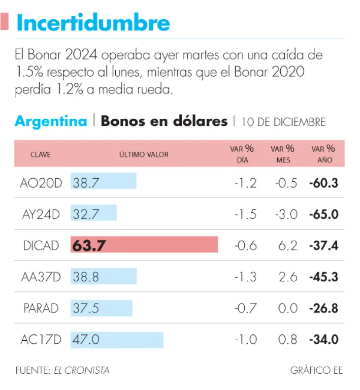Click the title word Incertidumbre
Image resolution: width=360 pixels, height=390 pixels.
pos(93,23)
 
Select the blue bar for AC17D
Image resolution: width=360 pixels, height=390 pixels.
pos(117,339)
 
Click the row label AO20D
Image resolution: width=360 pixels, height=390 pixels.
pos(41,183)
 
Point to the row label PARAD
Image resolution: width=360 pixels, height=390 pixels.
pos(41,308)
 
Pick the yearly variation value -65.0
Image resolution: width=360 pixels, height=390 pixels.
pos(324,214)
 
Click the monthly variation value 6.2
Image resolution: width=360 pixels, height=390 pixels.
pos(288,246)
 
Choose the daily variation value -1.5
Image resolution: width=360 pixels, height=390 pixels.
pos(246,214)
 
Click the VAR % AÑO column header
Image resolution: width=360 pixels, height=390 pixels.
pos(323,154)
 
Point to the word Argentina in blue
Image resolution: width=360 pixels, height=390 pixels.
pos(51,121)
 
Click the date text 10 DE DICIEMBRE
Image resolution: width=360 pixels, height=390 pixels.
pos(283,122)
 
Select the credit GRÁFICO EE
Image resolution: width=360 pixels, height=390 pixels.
pos(317,370)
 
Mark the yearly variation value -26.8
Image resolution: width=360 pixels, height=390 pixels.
pos(324,308)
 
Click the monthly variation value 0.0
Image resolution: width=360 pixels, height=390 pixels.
pos(288,308)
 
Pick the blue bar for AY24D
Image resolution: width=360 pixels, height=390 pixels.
pos(94,214)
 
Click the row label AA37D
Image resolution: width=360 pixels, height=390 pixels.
pos(41,277)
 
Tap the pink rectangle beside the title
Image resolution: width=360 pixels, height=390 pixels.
pos(5,22)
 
